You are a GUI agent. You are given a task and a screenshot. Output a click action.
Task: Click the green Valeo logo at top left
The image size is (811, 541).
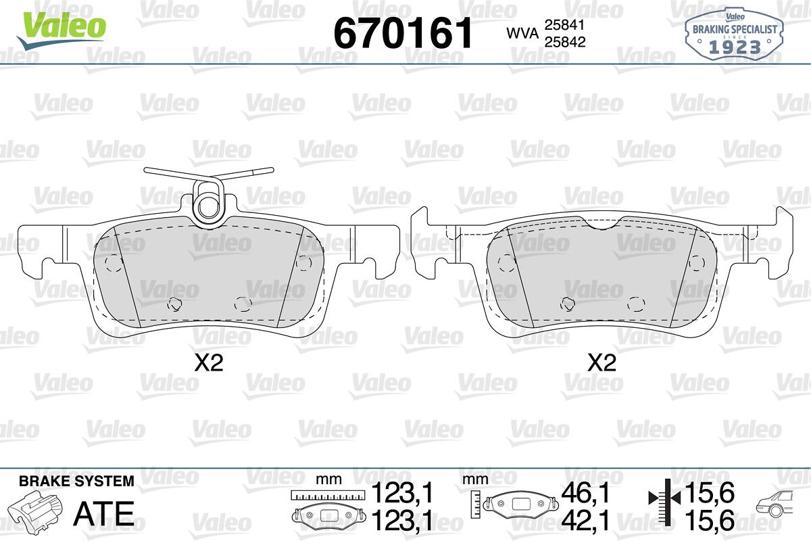(62, 30)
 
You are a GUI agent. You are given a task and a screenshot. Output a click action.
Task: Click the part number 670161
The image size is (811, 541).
(403, 33)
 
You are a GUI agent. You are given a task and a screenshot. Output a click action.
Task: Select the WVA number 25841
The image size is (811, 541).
(565, 25)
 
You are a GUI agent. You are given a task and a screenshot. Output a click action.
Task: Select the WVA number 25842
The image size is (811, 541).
(565, 42)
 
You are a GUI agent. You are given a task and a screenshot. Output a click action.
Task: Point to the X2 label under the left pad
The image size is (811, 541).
(209, 363)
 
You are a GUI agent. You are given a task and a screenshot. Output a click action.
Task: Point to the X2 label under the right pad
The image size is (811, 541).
(601, 363)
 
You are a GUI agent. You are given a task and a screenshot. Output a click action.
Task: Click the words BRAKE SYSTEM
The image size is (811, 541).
(76, 481)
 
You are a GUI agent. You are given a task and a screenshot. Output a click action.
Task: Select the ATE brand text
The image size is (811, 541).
(104, 513)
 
